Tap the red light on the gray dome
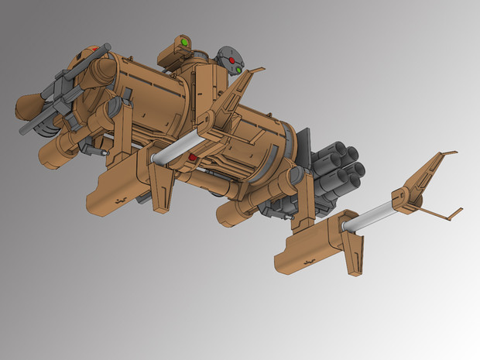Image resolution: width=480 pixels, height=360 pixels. (231, 59)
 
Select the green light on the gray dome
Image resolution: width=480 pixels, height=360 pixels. (240, 71)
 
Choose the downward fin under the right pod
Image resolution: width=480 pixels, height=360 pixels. (354, 252)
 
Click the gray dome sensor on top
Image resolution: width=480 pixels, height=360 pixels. (230, 60)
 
